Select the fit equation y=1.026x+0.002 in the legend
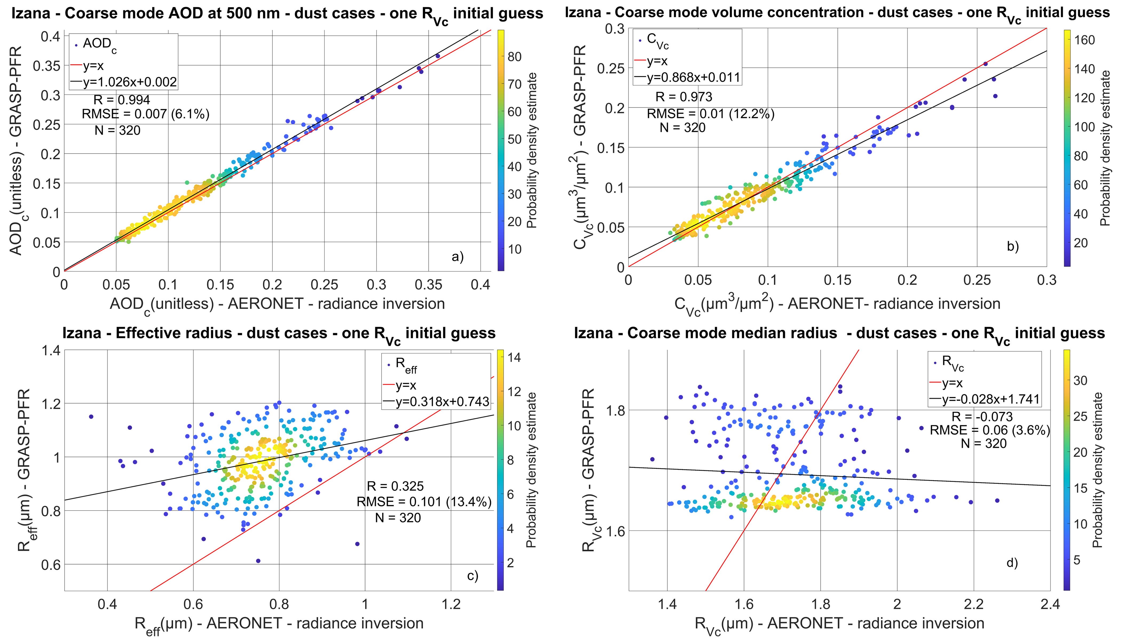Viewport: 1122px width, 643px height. point(129,82)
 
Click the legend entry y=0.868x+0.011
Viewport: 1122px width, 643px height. point(693,78)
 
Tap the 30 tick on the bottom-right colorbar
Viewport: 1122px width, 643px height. point(1080,381)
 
